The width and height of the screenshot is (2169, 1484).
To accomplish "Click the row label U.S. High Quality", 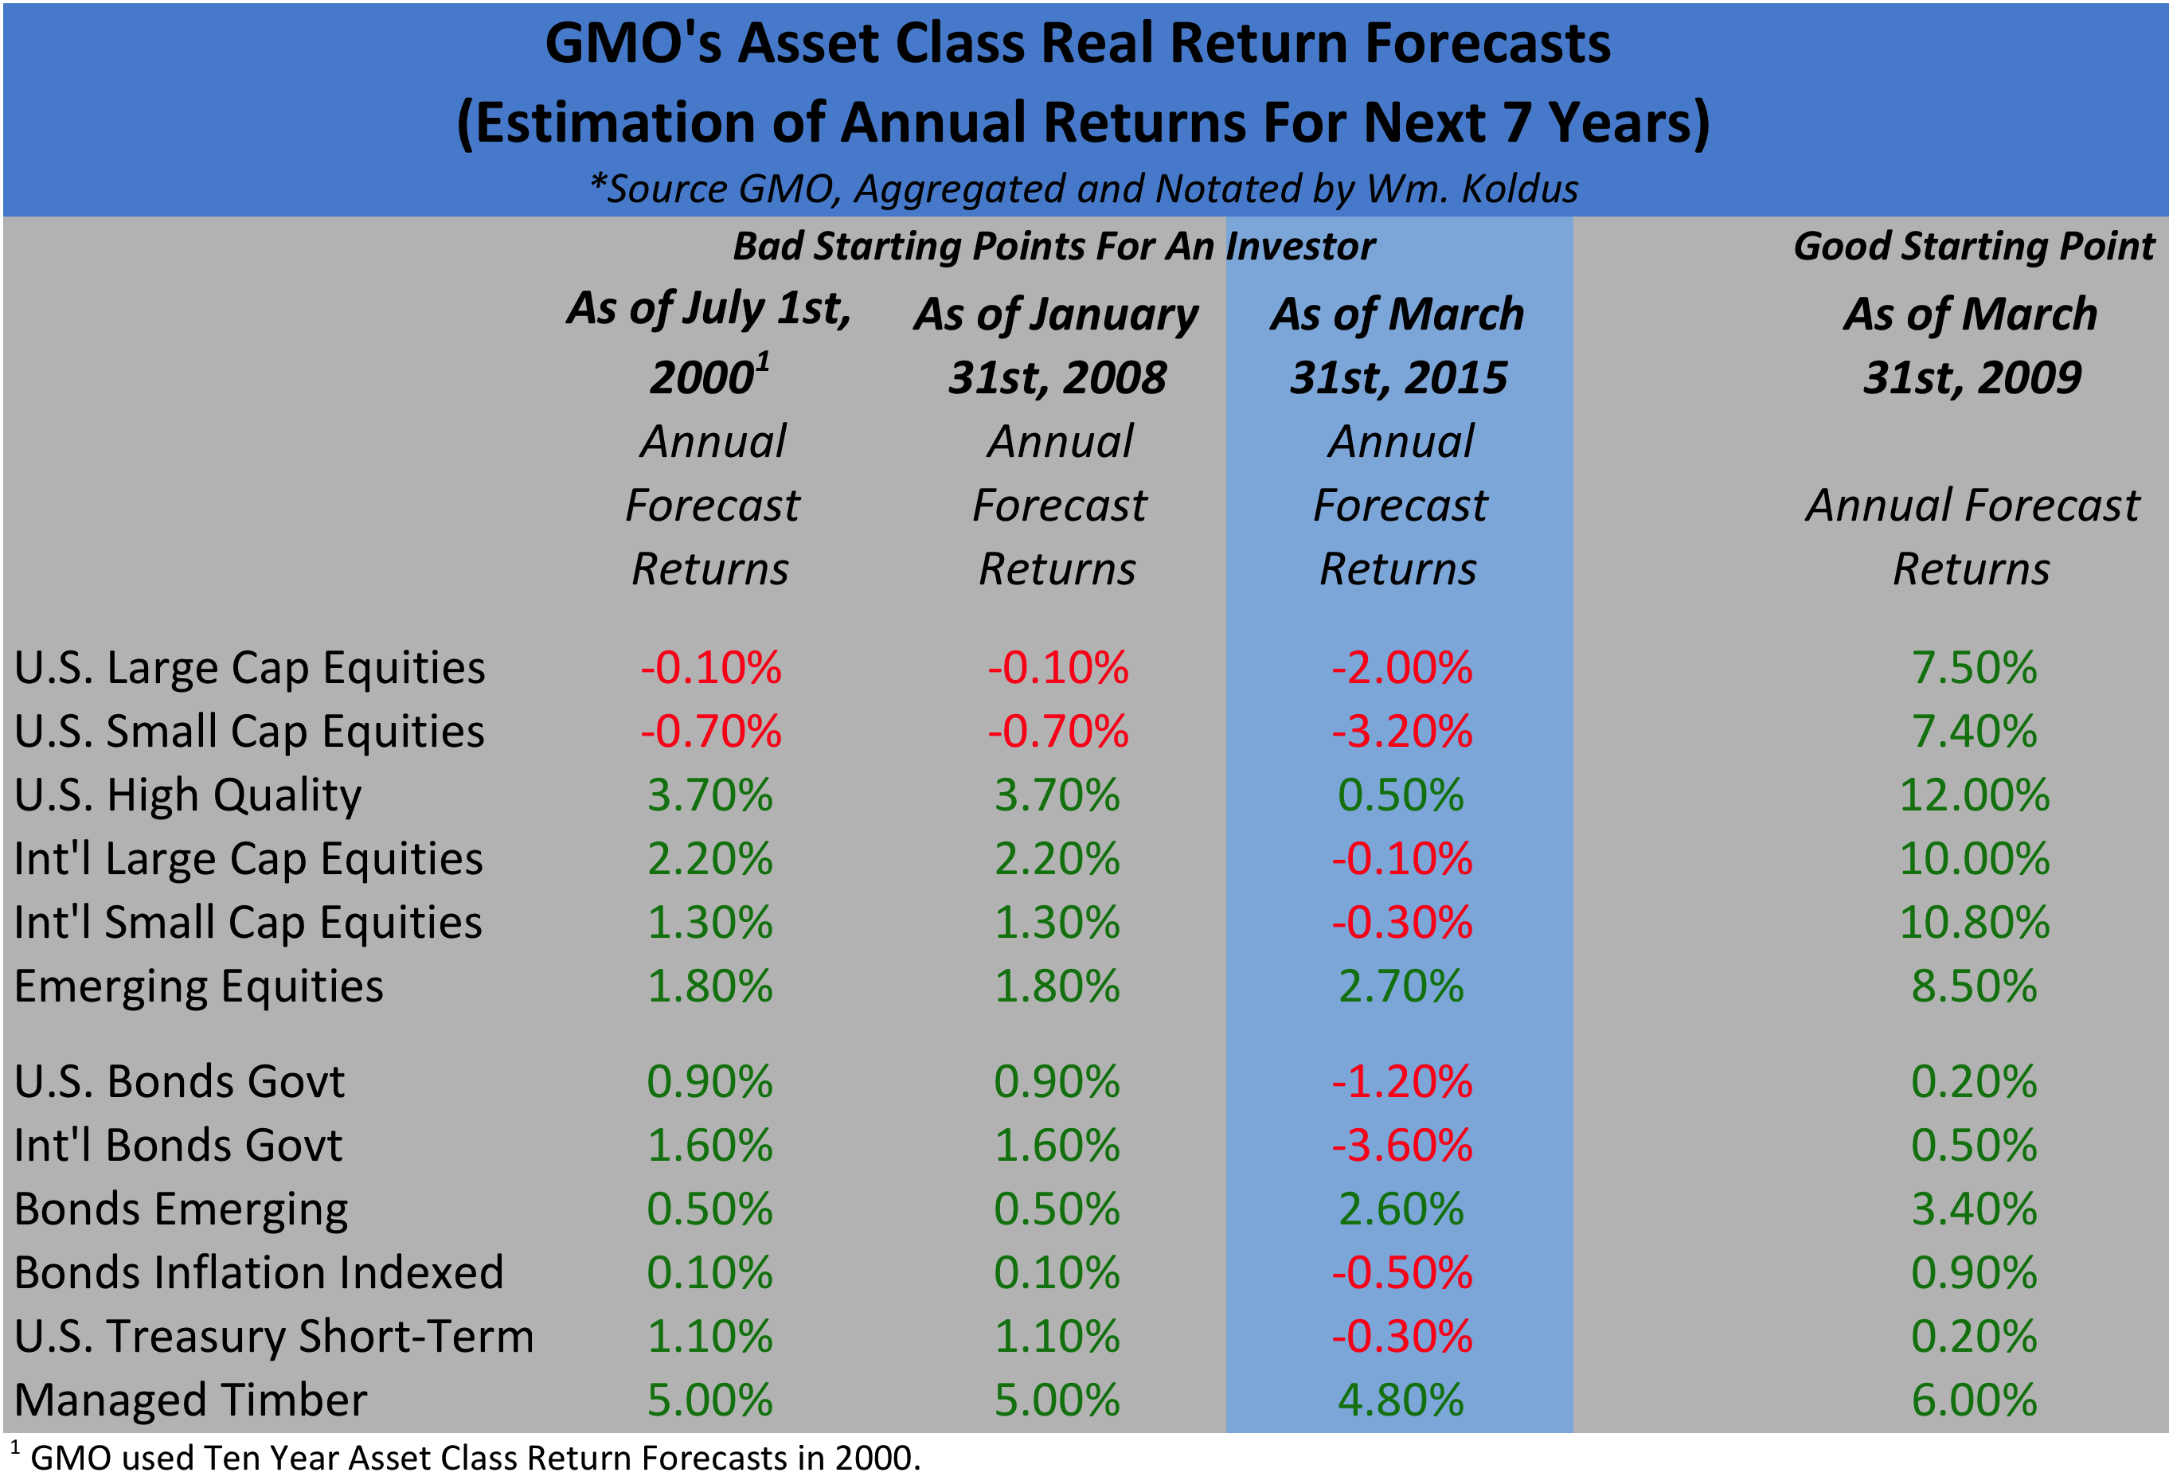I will point(188,795).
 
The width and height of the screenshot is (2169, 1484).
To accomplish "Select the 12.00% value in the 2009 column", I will point(1974,795).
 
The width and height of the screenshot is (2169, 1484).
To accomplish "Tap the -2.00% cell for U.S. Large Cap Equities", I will point(1401,667).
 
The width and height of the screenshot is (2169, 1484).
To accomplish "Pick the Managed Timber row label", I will point(190,1400).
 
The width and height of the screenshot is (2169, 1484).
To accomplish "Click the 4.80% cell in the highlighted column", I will point(1400,1400).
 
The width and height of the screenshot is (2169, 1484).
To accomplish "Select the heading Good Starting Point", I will point(1973,246).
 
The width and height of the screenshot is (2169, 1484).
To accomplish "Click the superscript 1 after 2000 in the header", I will point(763,361).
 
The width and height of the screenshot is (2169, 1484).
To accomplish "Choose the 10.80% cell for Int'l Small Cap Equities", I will point(1974,922).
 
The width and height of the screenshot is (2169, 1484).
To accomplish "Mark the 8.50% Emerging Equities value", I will point(1974,986).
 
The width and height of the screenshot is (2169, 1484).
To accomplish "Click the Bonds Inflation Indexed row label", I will point(259,1273).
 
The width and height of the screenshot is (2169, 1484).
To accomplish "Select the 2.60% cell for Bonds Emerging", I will point(1400,1209).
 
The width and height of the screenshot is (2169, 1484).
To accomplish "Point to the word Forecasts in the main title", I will point(1487,44).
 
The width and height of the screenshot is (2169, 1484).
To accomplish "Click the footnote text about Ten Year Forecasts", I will point(474,1458).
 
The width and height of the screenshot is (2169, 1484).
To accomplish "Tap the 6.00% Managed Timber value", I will point(1974,1400).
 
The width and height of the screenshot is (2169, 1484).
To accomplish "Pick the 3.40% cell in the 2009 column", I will point(1974,1209).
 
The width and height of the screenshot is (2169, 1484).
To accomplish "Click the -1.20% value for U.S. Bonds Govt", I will point(1401,1082).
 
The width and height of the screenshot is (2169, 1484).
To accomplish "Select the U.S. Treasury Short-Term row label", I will point(273,1337).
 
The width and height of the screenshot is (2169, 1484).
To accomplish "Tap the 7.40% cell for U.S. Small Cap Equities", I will point(1974,731).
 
